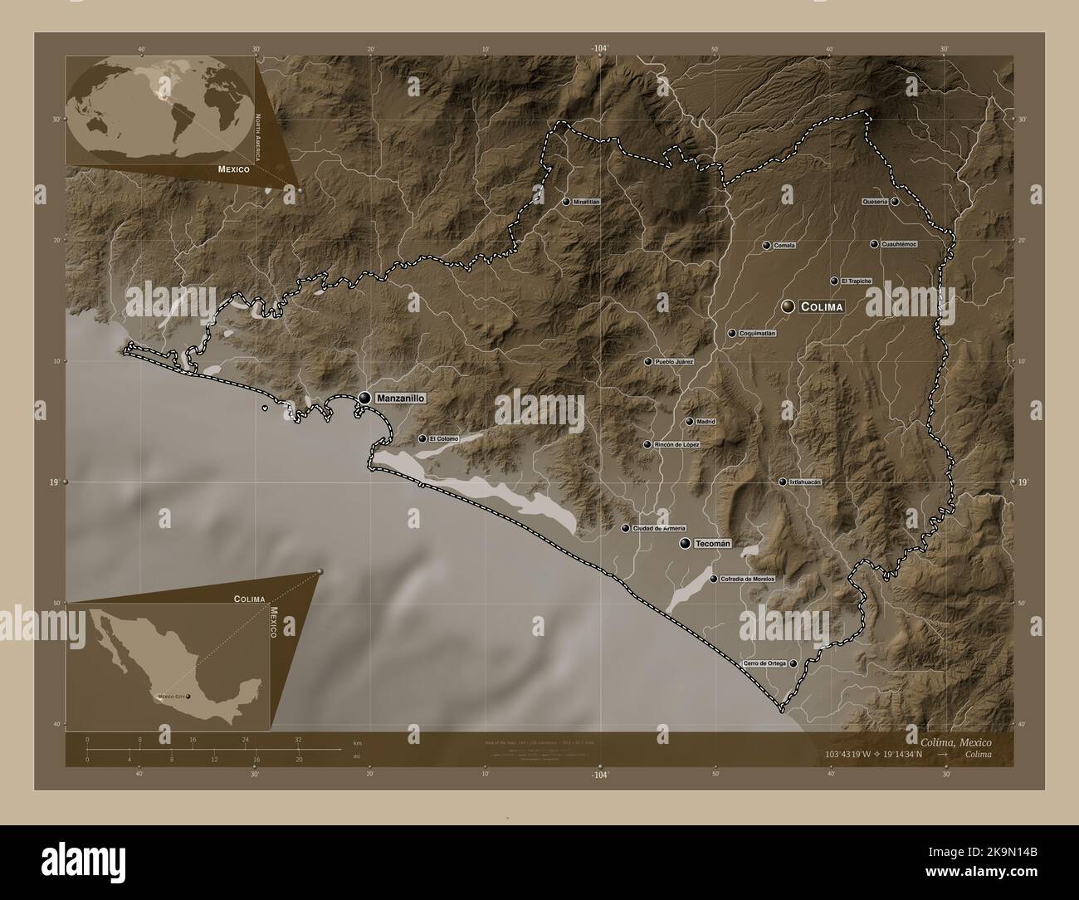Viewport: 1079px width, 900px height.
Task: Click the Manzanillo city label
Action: pyautogui.click(x=400, y=399)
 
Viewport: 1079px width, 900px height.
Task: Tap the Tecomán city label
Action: pyautogui.click(x=712, y=544)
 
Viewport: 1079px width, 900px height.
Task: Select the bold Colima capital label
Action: pyautogui.click(x=823, y=307)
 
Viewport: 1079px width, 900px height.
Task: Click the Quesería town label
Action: pyautogui.click(x=875, y=202)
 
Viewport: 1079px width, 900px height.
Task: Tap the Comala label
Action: pyautogui.click(x=784, y=246)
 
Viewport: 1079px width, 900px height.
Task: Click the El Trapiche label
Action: pyautogui.click(x=856, y=281)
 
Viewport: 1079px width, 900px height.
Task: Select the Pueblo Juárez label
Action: pyautogui.click(x=674, y=362)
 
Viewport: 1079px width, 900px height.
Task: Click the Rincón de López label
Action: pyautogui.click(x=677, y=445)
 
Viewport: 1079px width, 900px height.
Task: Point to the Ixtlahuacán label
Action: pyautogui.click(x=804, y=482)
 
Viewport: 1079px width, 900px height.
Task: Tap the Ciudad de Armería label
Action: pyautogui.click(x=659, y=529)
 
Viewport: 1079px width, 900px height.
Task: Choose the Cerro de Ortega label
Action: pyautogui.click(x=764, y=663)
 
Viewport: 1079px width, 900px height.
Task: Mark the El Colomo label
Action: pyautogui.click(x=443, y=438)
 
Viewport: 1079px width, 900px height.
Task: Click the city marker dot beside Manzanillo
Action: pyautogui.click(x=364, y=399)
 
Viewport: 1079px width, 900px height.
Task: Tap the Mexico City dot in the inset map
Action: pyautogui.click(x=188, y=696)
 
